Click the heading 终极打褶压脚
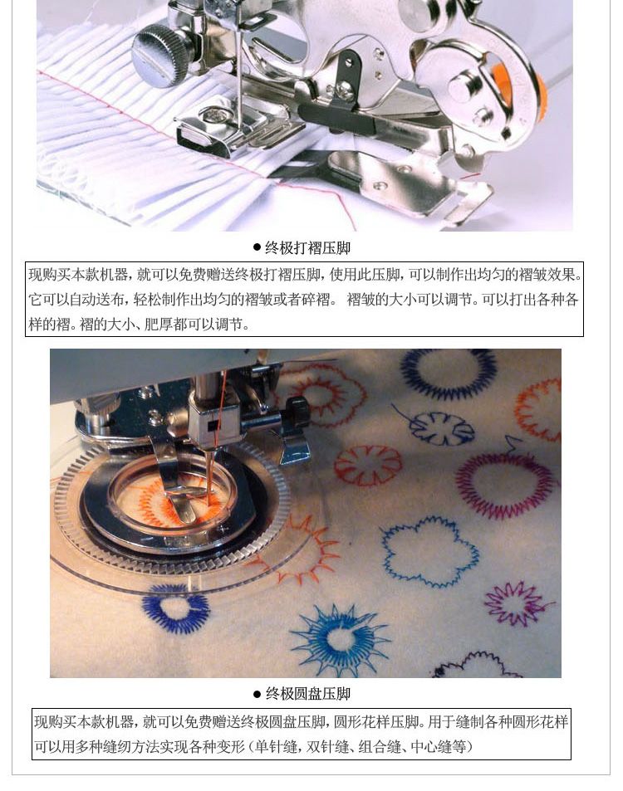307,247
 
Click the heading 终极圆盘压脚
308,694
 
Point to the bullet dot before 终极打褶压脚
257,247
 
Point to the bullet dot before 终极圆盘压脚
257,694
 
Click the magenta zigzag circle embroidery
505,485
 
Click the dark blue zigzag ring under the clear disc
176,608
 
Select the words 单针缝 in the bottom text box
276,746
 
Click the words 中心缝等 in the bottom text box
439,746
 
